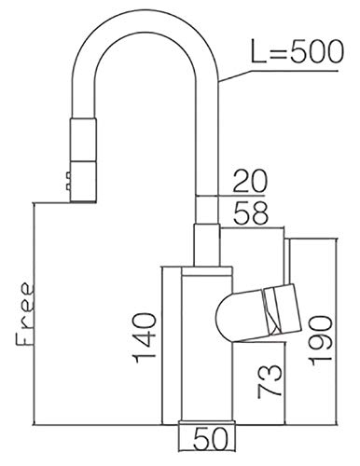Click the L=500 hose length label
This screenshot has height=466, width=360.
point(298,52)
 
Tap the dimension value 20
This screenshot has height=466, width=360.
point(250,181)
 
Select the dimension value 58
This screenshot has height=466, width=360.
point(250,213)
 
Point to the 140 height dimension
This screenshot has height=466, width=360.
point(144,338)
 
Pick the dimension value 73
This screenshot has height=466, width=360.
point(270,381)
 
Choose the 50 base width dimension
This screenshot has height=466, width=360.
point(211,439)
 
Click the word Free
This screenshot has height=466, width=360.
point(25,314)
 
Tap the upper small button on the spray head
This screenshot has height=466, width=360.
point(67,176)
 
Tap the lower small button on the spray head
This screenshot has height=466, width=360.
point(67,186)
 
